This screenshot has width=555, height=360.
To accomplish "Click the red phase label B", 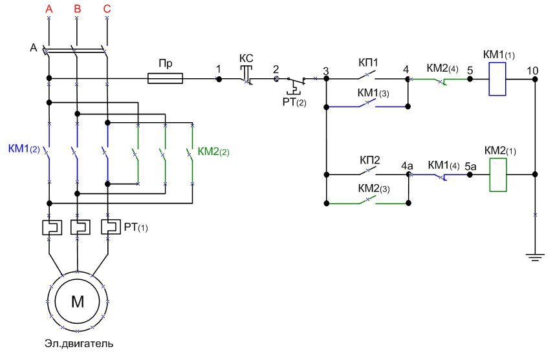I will coord(78,9).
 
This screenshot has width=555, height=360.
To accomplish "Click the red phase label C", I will coord(107,9).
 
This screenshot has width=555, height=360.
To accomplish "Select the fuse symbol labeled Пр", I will coord(166,79).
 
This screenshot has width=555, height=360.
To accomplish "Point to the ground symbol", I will coord(534,257).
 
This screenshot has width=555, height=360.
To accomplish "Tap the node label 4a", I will coord(407,166).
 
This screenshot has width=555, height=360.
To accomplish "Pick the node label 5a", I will coord(470,166).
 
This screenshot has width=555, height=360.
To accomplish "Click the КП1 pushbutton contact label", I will coord(367,63).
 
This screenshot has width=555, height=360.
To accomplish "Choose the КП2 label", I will coord(367,160).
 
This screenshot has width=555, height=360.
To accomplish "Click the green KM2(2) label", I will coord(214,152).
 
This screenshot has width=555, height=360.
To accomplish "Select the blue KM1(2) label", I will coord(24,149).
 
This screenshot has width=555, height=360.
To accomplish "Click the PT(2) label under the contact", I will coord(294,101).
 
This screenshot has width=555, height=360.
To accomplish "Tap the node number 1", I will coord(219,69).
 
